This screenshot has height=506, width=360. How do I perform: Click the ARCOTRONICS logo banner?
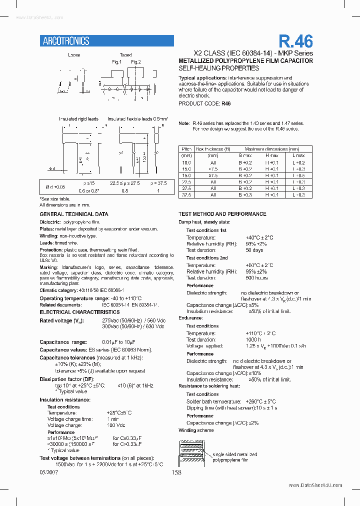106,41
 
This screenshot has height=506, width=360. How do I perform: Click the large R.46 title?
295,40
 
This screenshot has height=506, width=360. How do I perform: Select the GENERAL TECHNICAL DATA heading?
73,214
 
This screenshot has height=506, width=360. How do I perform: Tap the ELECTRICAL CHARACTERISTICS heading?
79,312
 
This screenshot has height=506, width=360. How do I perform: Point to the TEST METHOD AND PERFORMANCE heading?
222,214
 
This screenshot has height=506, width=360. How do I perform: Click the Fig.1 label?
117,62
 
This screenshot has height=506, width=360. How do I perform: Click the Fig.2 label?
136,62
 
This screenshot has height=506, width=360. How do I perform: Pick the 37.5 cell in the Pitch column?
186,195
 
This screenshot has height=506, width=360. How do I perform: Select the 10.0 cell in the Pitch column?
186,162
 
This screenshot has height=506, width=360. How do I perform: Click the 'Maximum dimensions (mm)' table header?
271,149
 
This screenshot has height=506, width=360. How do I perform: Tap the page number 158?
176,472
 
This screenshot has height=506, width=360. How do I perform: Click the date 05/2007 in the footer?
49,472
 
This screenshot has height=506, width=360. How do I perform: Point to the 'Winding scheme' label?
196,430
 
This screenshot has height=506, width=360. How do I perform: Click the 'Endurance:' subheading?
190,317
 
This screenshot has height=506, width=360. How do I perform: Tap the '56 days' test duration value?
254,250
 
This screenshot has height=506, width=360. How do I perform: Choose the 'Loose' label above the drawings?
74,55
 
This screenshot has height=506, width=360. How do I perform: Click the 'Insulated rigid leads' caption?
78,119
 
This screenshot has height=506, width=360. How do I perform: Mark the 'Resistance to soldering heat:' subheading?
209,386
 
